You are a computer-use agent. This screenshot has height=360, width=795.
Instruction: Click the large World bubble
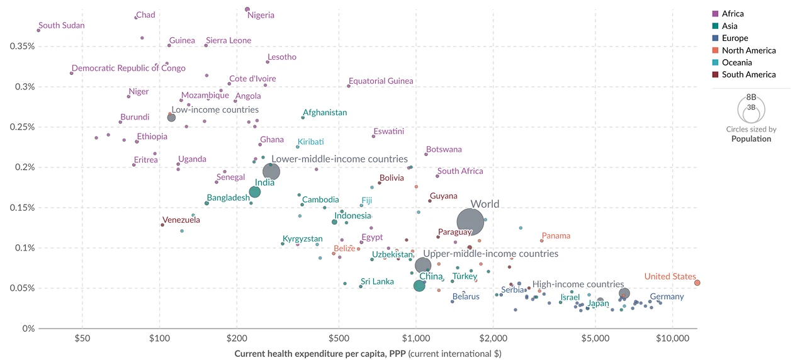coord(470,222)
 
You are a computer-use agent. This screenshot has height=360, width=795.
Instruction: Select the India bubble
coord(255,192)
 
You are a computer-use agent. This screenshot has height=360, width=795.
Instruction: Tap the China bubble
coord(419,286)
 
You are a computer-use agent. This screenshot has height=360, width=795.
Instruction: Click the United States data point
coord(697,283)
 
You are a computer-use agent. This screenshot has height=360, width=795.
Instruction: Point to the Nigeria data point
coord(247,9)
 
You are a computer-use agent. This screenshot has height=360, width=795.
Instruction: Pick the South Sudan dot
coord(38,30)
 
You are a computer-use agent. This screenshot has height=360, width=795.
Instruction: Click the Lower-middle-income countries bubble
coord(271,171)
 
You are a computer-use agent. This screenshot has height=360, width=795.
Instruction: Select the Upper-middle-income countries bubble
coord(423,266)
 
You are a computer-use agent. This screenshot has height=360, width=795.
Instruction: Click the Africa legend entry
coord(733,14)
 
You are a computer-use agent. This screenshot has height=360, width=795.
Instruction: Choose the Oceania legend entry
coord(736,62)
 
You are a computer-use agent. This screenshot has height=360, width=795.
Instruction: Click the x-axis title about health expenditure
coord(368,354)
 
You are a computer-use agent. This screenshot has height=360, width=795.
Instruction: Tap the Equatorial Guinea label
coord(381,81)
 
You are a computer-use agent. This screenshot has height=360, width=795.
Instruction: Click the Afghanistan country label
coord(325,113)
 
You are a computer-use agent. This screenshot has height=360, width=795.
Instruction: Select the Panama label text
coord(556,236)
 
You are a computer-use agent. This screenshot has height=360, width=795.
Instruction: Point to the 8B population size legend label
coord(751,98)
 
